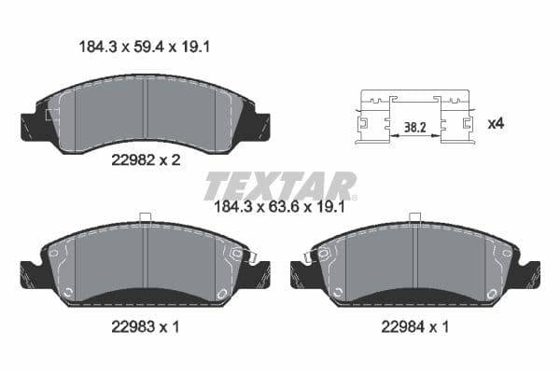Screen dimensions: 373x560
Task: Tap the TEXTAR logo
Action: click(280, 186)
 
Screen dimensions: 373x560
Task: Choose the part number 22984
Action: click(400, 327)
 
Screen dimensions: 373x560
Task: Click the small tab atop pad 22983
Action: click(145, 218)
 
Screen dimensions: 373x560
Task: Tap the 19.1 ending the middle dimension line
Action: click(331, 208)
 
